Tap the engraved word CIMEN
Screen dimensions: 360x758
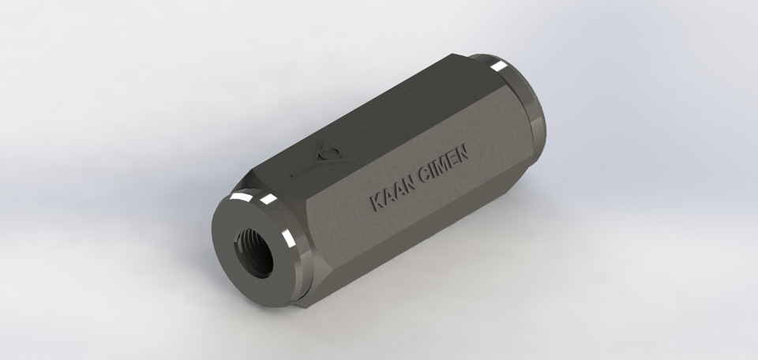pos(445,161)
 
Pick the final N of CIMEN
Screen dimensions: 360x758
pos(463,150)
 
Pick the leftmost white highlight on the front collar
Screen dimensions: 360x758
pos(238,194)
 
